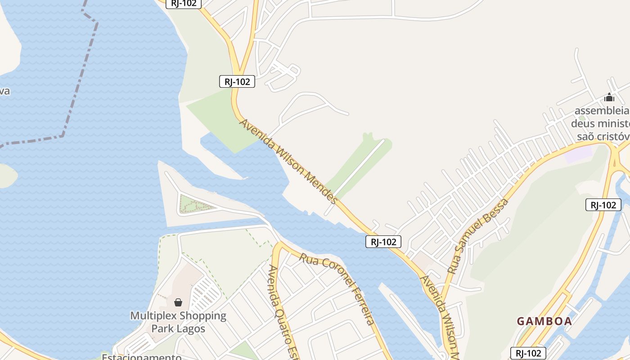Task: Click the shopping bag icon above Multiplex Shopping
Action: [x=178, y=302]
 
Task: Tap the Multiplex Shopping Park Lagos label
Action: [x=178, y=322]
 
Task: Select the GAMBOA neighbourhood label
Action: [x=544, y=321]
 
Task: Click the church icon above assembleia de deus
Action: [x=609, y=97]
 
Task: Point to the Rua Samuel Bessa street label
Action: [x=478, y=236]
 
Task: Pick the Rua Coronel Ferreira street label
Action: [x=337, y=288]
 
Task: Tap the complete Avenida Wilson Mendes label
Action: [x=288, y=161]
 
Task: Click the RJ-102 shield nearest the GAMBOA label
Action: [x=528, y=353]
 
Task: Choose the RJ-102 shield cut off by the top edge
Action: [x=184, y=4]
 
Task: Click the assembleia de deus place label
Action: [x=601, y=123]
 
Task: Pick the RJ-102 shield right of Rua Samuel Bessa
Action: [x=603, y=205]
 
